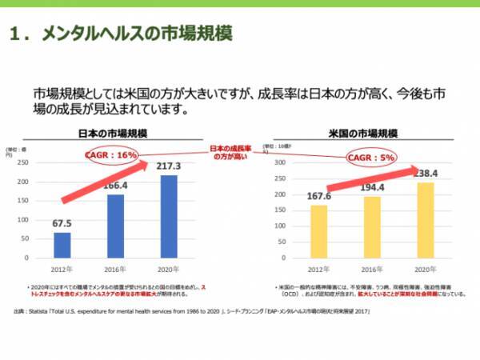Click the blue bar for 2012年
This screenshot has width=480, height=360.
[62, 242]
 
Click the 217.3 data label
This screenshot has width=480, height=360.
[169, 166]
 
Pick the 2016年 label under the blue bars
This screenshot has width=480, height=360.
[116, 269]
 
